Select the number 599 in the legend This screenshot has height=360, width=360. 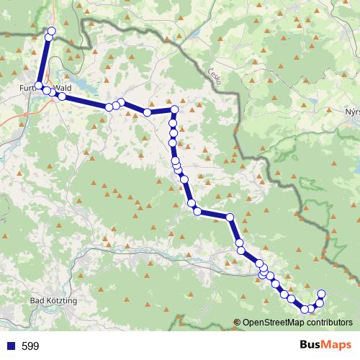(x=31, y=346)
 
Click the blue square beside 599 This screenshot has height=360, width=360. (x=11, y=346)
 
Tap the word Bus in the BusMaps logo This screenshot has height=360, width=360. (x=311, y=346)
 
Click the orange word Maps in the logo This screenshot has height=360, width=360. (x=337, y=346)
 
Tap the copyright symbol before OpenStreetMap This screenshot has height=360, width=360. (x=237, y=323)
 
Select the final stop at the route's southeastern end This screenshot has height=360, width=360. (x=322, y=293)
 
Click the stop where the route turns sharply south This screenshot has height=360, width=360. (x=174, y=109)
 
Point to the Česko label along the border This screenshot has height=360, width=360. (x=214, y=75)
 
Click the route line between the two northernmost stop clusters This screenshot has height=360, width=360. (x=45, y=58)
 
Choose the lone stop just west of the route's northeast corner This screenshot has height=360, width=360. (x=147, y=112)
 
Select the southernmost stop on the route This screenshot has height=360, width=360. (x=305, y=310)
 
